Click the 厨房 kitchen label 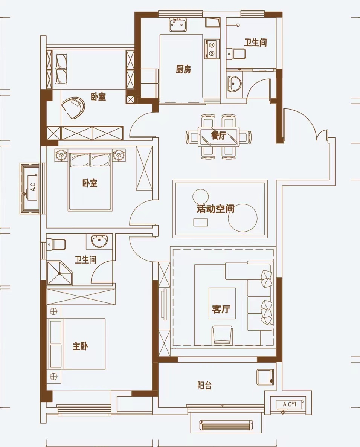[x=183, y=69]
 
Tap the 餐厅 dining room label [x=218, y=136]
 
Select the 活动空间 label [x=215, y=209]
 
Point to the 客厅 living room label [x=221, y=309]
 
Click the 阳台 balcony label [x=204, y=385]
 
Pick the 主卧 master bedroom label [x=80, y=346]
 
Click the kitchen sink [x=178, y=25]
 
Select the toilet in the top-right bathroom [x=236, y=53]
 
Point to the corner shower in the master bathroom [x=59, y=273]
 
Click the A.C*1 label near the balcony [x=290, y=404]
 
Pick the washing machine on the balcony [x=265, y=377]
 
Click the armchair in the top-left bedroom [x=73, y=108]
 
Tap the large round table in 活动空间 [x=243, y=218]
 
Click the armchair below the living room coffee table [x=222, y=335]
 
